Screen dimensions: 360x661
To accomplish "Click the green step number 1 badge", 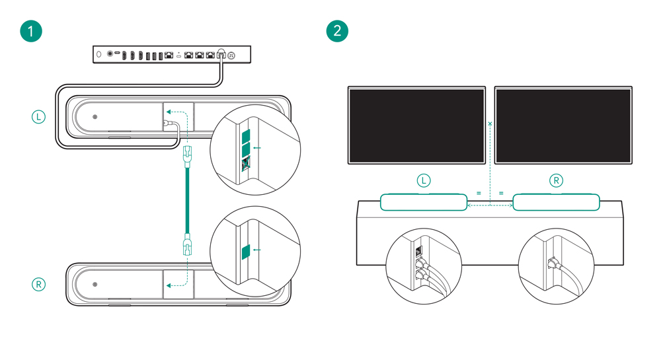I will [31, 31].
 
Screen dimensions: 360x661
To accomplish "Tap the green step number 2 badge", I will [338, 31].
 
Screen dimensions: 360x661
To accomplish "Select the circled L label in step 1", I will [39, 118].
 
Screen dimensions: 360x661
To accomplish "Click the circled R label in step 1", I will [39, 285].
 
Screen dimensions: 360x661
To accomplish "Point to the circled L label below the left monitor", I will [423, 180].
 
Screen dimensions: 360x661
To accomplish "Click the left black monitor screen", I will [417, 125].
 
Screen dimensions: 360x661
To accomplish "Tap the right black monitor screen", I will [563, 125].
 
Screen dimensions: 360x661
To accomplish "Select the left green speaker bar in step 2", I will [423, 201].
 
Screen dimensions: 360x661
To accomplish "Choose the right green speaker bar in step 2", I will [556, 201].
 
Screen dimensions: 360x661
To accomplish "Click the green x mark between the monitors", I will [490, 124].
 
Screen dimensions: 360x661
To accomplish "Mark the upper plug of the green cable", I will [186, 157].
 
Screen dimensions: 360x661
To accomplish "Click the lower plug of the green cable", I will [186, 246].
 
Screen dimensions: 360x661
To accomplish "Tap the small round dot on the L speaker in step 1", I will [95, 118].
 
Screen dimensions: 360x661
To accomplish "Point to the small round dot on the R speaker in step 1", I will [95, 285].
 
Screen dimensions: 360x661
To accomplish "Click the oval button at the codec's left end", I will [99, 54].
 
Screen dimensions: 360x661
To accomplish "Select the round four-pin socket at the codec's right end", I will [232, 55].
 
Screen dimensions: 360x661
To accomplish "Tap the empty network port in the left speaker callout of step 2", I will [418, 250].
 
